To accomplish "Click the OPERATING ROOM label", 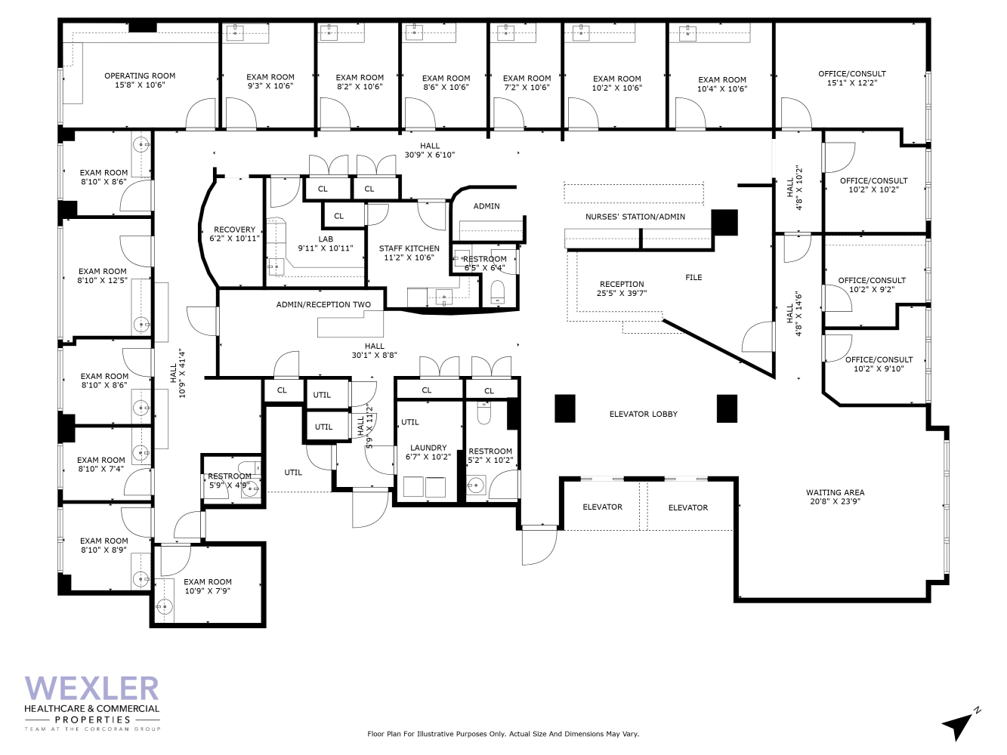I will coord(140,75).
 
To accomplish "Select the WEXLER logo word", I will coord(91,689).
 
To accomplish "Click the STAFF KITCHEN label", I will coord(409,248).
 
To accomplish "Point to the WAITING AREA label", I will coord(835,492).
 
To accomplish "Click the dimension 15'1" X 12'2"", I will coord(851,83).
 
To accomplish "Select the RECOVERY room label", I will coord(234,230).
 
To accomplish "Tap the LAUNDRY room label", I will coord(428,448).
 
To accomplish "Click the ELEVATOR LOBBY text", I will coord(643,414).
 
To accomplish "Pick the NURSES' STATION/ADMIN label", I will coord(635,217).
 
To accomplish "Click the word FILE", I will coord(693,278).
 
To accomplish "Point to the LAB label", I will coord(326,239).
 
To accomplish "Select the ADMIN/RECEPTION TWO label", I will coord(323,305).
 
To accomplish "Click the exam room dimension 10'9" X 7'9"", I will coord(207,591).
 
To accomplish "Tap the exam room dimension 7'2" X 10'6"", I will coord(527,88).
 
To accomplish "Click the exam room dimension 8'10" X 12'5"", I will coord(102,281).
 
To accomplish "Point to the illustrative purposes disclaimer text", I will coord(502,734).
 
